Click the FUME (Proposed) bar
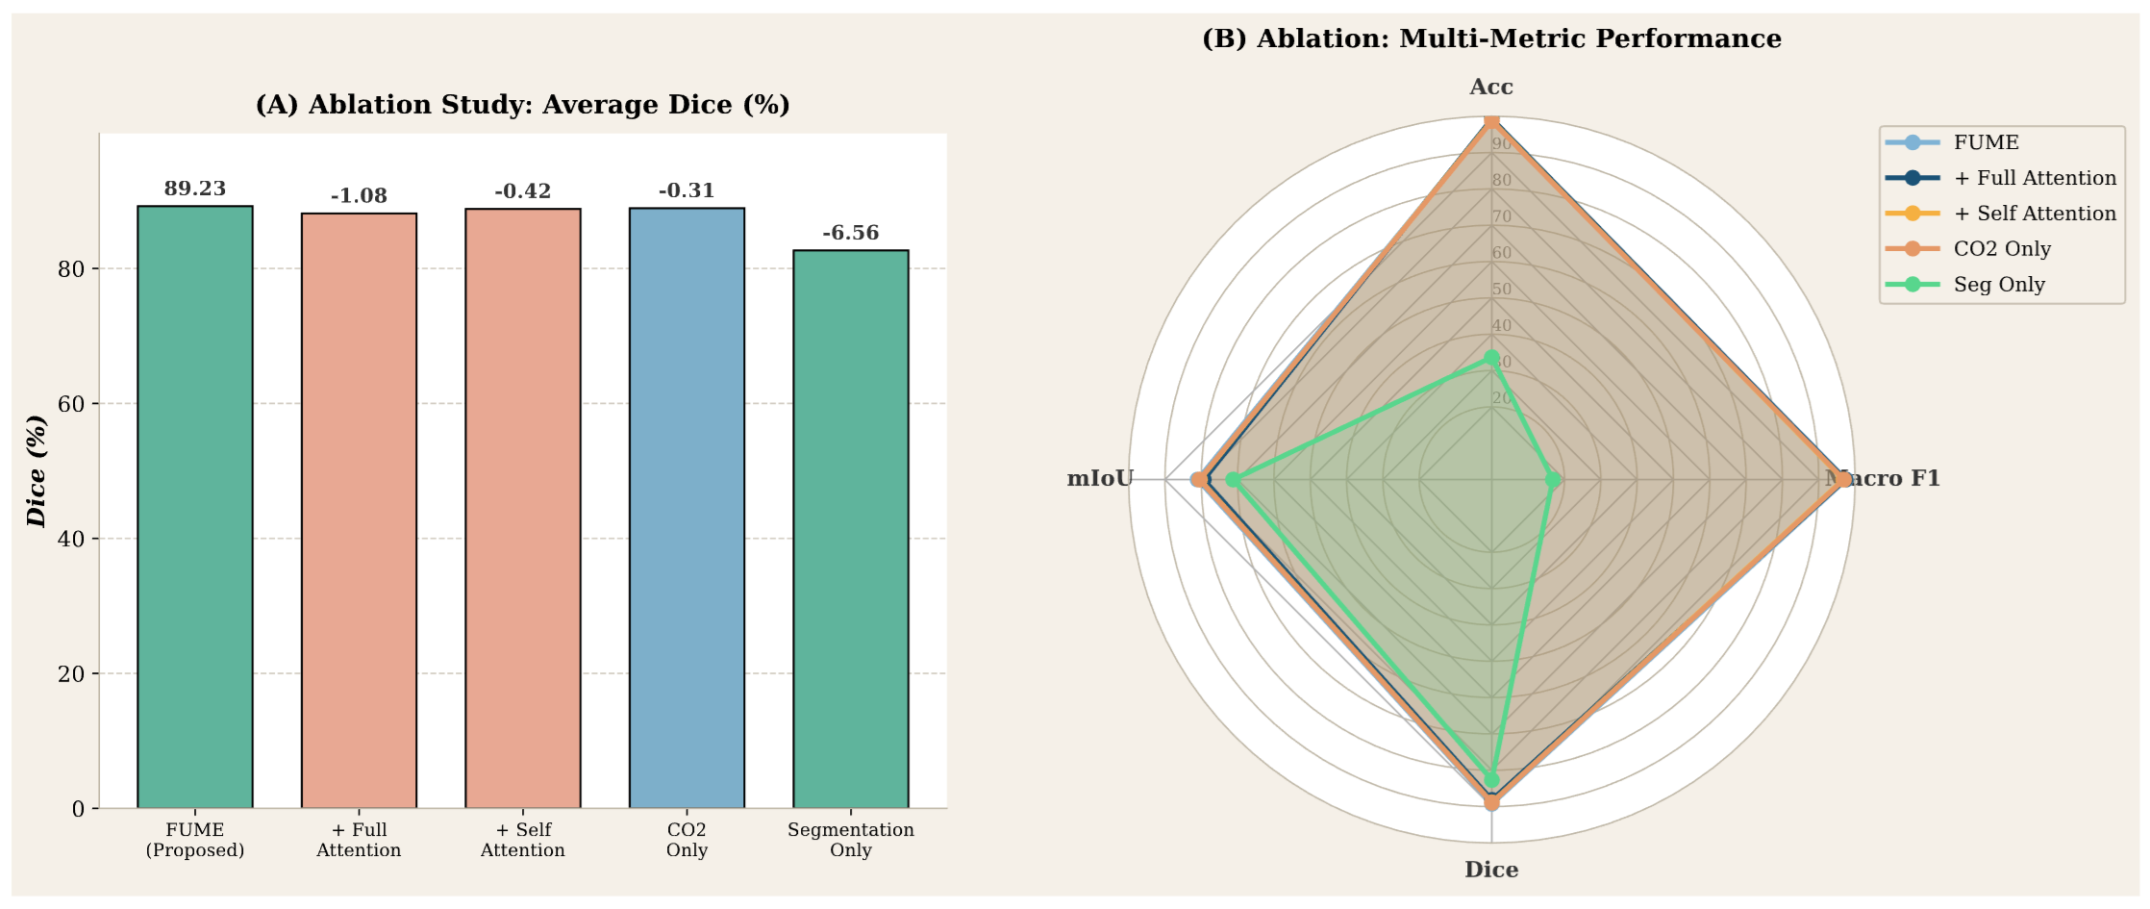coord(195,507)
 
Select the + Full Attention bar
coord(359,511)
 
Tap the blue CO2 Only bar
coord(687,508)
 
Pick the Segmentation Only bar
coord(850,529)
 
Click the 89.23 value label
coord(195,189)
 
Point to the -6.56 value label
coord(850,233)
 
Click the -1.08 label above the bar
coord(359,196)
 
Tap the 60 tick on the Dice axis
coord(71,404)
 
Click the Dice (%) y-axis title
coord(37,471)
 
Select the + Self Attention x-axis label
coord(522,840)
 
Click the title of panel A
coord(522,104)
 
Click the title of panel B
coord(1491,38)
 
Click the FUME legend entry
coord(1986,142)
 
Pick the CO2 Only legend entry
coord(2001,249)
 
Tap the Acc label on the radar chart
coord(1491,87)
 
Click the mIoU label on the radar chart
coord(1099,478)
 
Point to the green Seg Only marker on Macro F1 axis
coord(1552,479)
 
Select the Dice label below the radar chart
coord(1491,870)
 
